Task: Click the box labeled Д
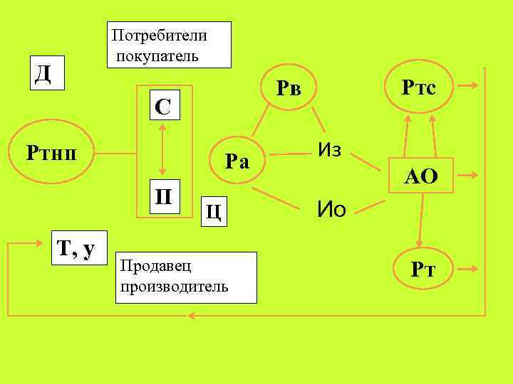[x=43, y=74]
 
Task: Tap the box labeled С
[x=163, y=107]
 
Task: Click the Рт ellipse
[x=423, y=270]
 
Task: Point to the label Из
[x=330, y=151]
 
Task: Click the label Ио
[x=331, y=209]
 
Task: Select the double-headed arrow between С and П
[x=163, y=150]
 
